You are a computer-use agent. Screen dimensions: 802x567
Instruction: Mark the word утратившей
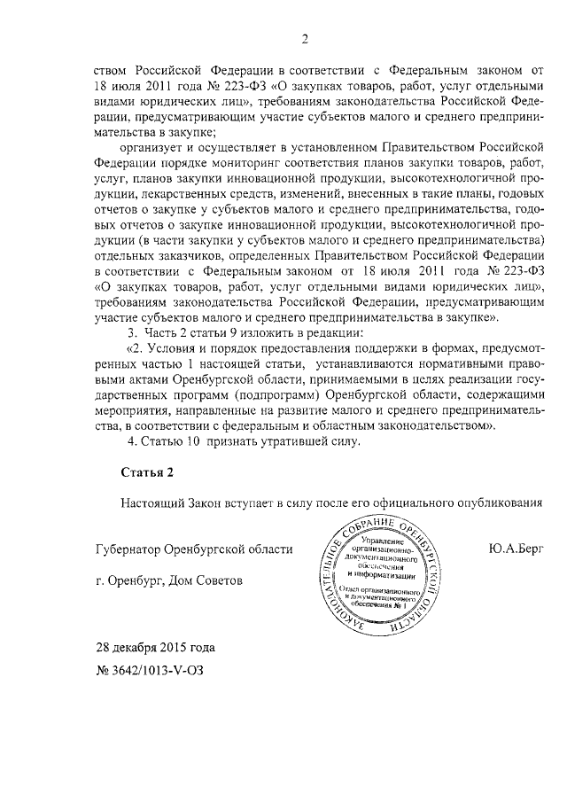[283, 440]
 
